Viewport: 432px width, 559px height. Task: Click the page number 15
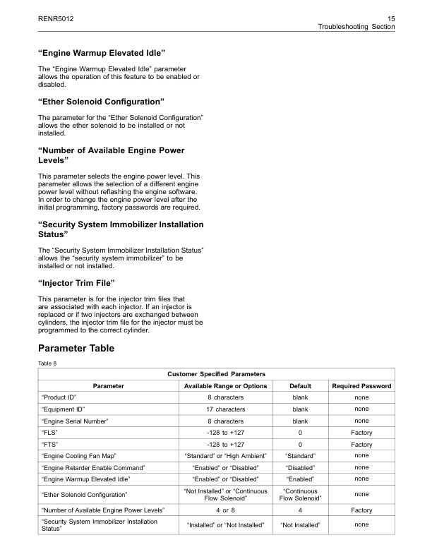click(x=390, y=17)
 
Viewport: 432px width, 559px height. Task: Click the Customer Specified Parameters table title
click(x=216, y=374)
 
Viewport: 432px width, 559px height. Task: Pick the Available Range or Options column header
click(x=225, y=386)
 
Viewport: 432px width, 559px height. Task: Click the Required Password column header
click(x=361, y=386)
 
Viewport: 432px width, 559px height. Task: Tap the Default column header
click(x=300, y=386)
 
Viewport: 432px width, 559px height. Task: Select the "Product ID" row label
click(x=59, y=397)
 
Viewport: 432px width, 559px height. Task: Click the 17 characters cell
click(x=225, y=409)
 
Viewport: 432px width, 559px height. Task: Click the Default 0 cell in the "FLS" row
click(x=300, y=433)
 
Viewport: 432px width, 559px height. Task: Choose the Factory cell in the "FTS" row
click(x=361, y=445)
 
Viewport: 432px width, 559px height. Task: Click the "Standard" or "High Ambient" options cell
click(x=225, y=456)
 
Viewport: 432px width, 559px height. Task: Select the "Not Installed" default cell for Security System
click(x=300, y=525)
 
